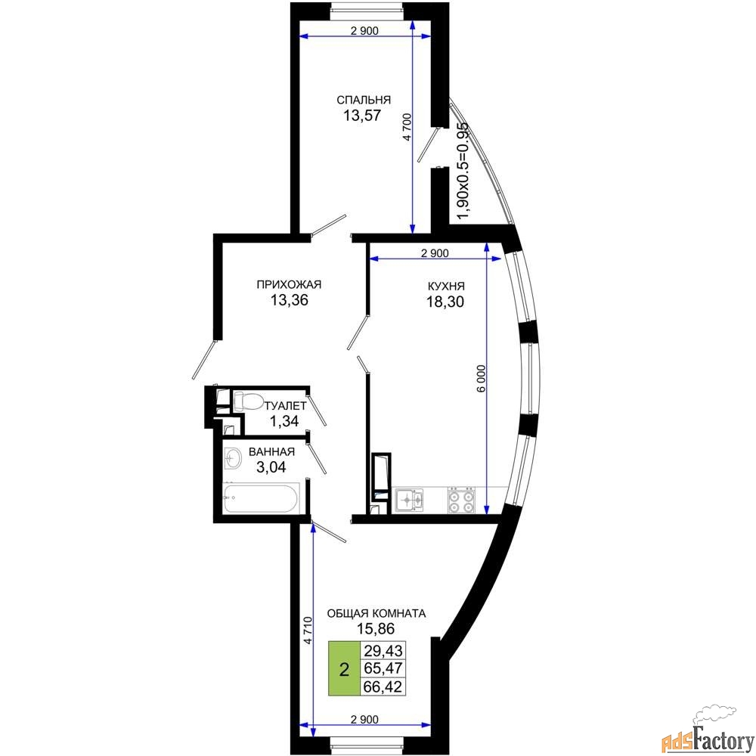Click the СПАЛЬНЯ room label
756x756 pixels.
(x=363, y=100)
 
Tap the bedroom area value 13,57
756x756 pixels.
(x=362, y=115)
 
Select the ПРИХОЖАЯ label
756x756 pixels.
(x=289, y=284)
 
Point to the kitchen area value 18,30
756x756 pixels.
(x=445, y=302)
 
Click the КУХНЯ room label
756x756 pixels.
(x=446, y=287)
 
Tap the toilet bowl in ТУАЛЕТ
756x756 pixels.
(x=247, y=401)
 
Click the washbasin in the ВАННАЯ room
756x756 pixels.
(x=234, y=457)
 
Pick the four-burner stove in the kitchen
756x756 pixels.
(x=461, y=500)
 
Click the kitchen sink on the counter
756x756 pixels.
(x=409, y=500)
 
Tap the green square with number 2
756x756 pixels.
(x=344, y=669)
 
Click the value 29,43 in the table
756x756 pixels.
(x=383, y=651)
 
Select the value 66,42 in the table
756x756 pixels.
(x=383, y=686)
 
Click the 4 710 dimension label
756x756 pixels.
(x=308, y=631)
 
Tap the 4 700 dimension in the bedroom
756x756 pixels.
(x=407, y=127)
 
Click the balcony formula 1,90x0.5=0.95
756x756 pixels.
(x=463, y=170)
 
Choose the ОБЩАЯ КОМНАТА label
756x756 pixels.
(x=376, y=614)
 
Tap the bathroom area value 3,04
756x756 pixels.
(x=271, y=466)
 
